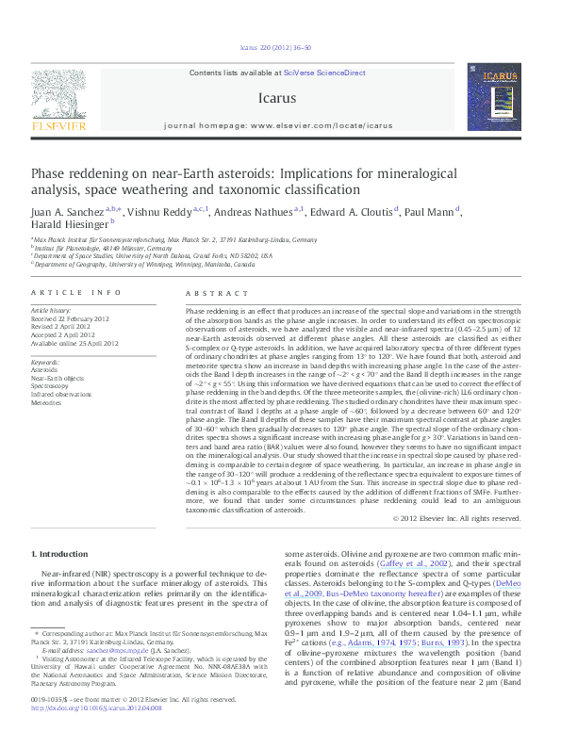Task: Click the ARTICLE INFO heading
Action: click(x=76, y=293)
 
